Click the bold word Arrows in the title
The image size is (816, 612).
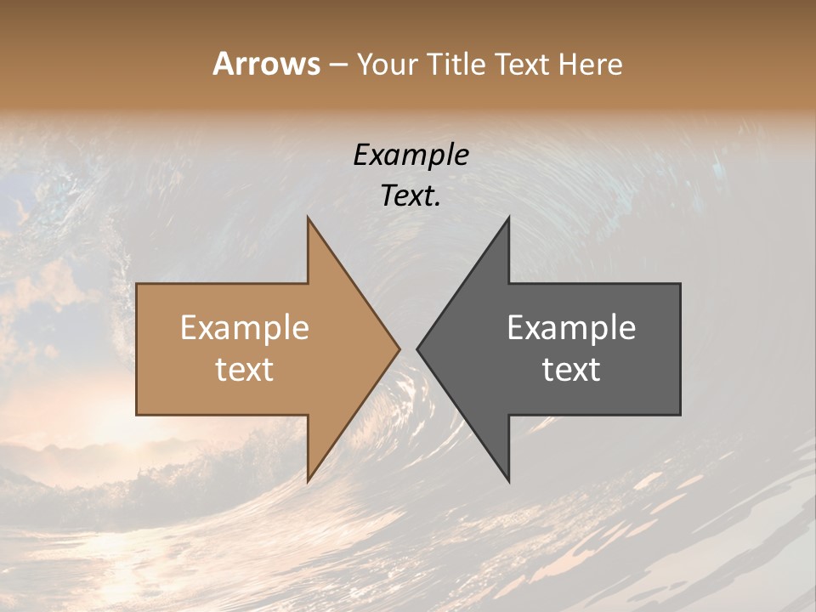[267, 64]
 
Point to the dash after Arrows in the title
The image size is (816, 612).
[337, 65]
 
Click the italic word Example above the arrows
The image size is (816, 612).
[411, 156]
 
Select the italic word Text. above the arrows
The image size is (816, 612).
[411, 196]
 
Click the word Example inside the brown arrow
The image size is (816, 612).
[245, 328]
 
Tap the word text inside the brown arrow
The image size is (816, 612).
[245, 370]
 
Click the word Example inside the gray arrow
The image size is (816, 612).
[571, 328]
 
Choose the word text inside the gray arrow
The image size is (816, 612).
[571, 370]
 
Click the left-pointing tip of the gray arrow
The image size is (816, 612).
[417, 348]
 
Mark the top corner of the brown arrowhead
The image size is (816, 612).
[308, 218]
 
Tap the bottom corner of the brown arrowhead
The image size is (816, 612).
[308, 481]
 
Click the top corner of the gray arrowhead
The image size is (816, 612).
[508, 218]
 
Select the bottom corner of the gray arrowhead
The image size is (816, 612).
[508, 481]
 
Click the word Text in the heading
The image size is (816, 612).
[522, 65]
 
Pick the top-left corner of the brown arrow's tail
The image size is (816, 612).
[137, 284]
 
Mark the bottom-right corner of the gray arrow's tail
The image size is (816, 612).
[680, 414]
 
